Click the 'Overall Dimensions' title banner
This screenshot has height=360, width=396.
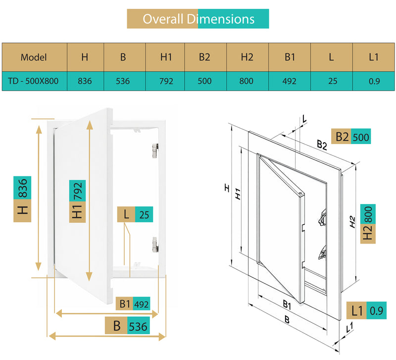[x=198, y=19]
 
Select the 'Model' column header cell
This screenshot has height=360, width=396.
[x=35, y=57]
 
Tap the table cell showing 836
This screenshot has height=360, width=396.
[x=85, y=81]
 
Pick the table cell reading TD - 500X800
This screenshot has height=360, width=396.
[x=35, y=81]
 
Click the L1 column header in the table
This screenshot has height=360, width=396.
[x=374, y=57]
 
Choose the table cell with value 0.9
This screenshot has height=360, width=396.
[x=374, y=81]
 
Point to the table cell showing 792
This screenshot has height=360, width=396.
[x=165, y=81]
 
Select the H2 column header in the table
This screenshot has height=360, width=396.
[x=247, y=57]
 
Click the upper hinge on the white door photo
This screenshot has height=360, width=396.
[x=155, y=151]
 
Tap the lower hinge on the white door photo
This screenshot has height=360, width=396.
[x=155, y=244]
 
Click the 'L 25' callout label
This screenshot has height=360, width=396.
[x=135, y=214]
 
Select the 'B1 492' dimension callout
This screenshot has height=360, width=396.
[x=133, y=304]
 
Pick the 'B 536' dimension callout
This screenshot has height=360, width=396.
[x=127, y=325]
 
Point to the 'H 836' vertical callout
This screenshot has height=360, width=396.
[x=22, y=199]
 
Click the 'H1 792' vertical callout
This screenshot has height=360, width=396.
[x=77, y=202]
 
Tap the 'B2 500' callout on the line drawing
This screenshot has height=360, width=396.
[x=351, y=136]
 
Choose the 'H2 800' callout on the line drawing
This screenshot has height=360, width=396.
[x=368, y=224]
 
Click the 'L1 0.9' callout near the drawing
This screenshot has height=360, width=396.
[x=366, y=310]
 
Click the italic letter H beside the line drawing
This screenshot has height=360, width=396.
[x=227, y=188]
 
